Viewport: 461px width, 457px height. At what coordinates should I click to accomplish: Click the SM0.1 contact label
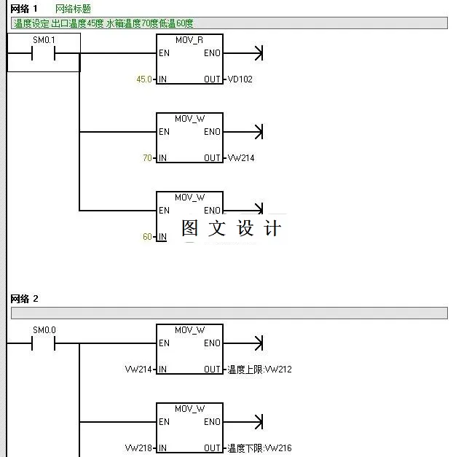[44, 39]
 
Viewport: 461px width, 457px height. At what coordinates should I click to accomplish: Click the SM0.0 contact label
[44, 329]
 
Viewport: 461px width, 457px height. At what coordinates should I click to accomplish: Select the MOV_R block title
[190, 40]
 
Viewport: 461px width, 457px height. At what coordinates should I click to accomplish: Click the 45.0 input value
[144, 79]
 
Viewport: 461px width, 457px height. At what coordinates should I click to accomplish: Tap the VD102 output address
[240, 79]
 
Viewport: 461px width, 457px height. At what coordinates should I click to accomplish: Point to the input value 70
[147, 157]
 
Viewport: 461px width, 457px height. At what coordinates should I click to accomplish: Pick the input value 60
[147, 236]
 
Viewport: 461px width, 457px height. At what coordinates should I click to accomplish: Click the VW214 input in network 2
[138, 370]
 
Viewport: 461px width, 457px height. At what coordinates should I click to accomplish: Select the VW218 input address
[138, 448]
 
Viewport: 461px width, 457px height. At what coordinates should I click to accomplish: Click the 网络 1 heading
[24, 9]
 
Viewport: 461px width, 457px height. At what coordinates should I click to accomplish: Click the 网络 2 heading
[24, 299]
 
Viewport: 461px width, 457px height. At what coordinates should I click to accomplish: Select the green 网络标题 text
[73, 9]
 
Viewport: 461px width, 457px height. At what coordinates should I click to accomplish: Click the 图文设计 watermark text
[231, 228]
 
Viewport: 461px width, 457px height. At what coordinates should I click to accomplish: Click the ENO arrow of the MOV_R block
[256, 53]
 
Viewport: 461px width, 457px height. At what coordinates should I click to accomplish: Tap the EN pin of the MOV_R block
[165, 53]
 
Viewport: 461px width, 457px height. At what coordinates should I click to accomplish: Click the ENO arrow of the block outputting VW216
[256, 422]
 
